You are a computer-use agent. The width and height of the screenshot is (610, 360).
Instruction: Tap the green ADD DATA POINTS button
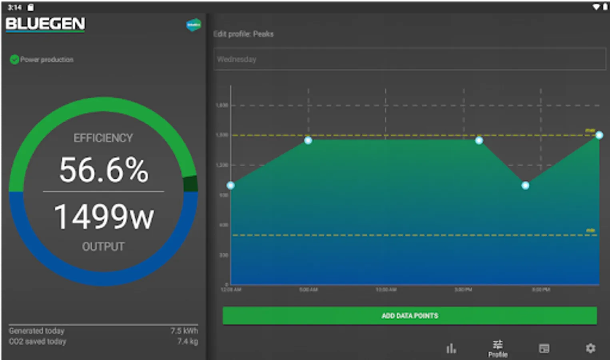[409, 316]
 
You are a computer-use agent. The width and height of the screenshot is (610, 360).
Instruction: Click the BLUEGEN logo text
[45, 24]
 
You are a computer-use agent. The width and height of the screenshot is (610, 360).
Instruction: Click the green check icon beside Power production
[14, 60]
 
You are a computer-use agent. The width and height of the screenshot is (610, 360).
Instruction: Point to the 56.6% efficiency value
[104, 170]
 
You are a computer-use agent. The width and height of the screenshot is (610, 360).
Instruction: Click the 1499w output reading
[104, 217]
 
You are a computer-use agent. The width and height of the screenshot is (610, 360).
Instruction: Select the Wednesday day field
[409, 59]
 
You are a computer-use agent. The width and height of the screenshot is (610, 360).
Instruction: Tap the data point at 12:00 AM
[231, 185]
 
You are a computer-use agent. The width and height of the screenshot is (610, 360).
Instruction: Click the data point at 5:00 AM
[308, 140]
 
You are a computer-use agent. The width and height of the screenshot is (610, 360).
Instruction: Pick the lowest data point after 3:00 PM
[525, 185]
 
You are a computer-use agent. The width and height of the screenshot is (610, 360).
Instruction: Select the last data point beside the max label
[599, 135]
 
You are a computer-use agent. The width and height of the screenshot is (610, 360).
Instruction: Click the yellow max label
[590, 130]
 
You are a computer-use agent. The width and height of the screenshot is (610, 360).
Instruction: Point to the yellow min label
[590, 230]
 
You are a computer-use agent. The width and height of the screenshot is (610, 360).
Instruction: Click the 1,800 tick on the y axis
[222, 105]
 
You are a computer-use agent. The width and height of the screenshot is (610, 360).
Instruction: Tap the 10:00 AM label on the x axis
[386, 289]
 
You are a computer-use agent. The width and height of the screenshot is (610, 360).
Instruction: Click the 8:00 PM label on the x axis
[540, 289]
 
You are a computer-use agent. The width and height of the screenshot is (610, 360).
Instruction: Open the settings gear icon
[590, 348]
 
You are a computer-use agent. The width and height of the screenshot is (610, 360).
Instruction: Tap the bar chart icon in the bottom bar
[451, 348]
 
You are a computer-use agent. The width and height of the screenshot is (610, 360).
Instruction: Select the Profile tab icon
[498, 348]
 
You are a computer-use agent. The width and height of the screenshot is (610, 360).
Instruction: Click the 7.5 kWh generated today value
[184, 331]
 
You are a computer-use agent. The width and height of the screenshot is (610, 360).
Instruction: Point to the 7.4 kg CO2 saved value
[187, 341]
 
